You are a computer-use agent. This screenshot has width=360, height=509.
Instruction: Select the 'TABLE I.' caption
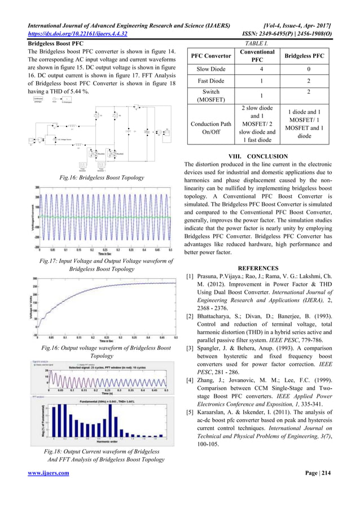pos(257,43)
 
